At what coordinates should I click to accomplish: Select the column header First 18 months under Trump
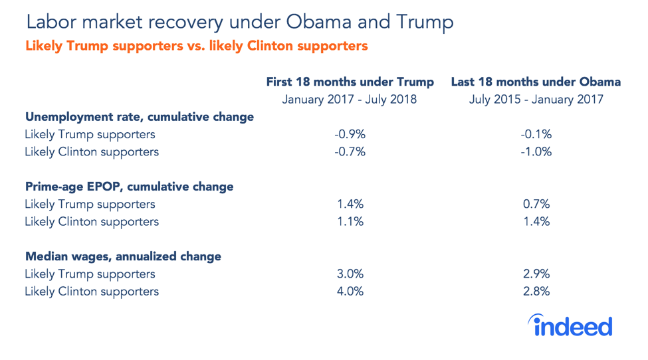[x=350, y=82]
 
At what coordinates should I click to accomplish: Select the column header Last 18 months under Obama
[x=536, y=82]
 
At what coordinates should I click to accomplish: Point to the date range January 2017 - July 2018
[x=350, y=100]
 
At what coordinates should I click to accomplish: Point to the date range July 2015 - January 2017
[x=536, y=100]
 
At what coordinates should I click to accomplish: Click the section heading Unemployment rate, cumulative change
[x=140, y=117]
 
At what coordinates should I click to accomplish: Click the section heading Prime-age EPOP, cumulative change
[x=129, y=187]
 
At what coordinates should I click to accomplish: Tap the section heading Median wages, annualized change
[x=123, y=256]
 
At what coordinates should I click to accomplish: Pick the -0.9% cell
[x=350, y=135]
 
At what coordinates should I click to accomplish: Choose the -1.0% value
[x=536, y=152]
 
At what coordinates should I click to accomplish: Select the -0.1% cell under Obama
[x=536, y=135]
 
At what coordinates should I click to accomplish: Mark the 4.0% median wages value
[x=350, y=291]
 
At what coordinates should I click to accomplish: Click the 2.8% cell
[x=536, y=291]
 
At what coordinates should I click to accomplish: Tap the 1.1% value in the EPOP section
[x=350, y=221]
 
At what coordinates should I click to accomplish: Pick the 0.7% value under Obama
[x=536, y=204]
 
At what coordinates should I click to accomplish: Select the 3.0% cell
[x=350, y=274]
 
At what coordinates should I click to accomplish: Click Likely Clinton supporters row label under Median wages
[x=92, y=291]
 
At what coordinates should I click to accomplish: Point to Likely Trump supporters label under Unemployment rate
[x=90, y=135]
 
